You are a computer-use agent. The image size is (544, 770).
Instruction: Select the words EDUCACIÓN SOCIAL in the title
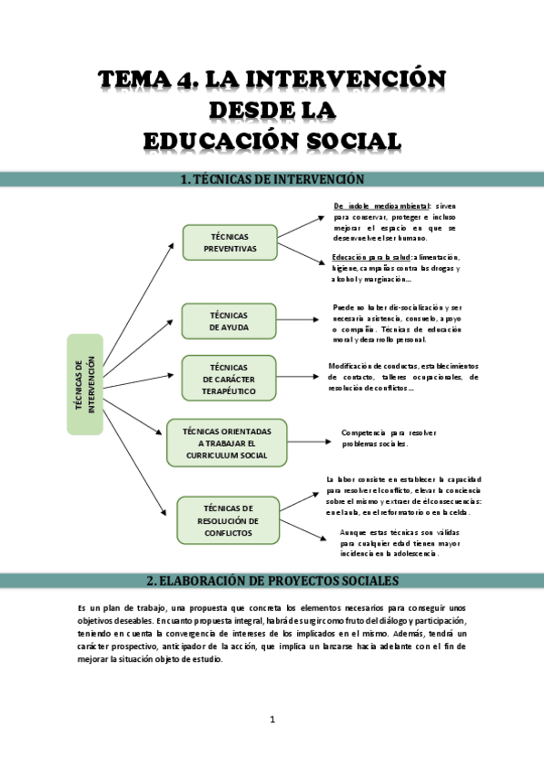pyautogui.click(x=272, y=141)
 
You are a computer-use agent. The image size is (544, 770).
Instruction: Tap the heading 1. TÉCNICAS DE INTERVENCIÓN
pyautogui.click(x=272, y=180)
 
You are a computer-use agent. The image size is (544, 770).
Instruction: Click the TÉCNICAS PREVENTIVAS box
pyautogui.click(x=230, y=242)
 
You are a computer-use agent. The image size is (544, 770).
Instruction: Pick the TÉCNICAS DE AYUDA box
pyautogui.click(x=230, y=321)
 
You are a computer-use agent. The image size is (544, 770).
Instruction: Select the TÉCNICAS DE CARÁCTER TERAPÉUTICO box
pyautogui.click(x=230, y=378)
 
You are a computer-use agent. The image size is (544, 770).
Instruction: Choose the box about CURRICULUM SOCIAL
pyautogui.click(x=226, y=442)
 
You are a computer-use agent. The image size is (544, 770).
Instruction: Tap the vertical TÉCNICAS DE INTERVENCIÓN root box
pyautogui.click(x=84, y=383)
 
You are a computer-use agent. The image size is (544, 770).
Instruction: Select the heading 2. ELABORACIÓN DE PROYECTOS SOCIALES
pyautogui.click(x=272, y=580)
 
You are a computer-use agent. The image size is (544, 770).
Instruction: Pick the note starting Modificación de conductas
pyautogui.click(x=404, y=377)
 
